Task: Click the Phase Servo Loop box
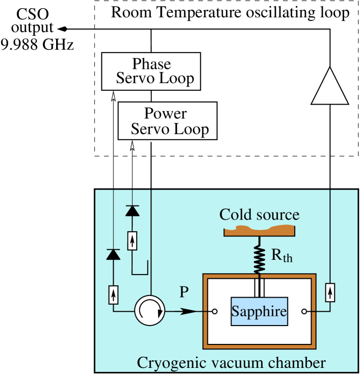click(x=151, y=71)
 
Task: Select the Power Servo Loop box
click(x=167, y=121)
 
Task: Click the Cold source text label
click(x=259, y=215)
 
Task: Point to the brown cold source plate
click(x=260, y=230)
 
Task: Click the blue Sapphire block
click(x=259, y=311)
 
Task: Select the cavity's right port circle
click(x=304, y=311)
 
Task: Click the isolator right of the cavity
click(x=330, y=292)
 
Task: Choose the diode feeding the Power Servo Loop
click(x=133, y=210)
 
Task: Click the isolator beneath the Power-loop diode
click(x=133, y=241)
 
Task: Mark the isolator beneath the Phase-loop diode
click(x=113, y=294)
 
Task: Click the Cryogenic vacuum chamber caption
click(x=230, y=363)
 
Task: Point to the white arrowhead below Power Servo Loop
click(x=133, y=146)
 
